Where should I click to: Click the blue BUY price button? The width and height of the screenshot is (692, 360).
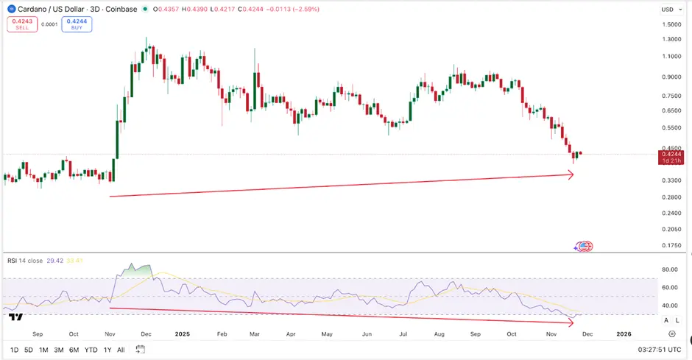(77, 24)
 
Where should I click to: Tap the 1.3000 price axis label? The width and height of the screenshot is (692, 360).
(671, 40)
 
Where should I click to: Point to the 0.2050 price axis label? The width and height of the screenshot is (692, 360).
(671, 229)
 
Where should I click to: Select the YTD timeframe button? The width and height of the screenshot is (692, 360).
(91, 349)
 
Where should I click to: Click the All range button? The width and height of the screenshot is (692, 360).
(121, 349)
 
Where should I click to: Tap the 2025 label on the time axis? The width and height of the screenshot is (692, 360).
(183, 332)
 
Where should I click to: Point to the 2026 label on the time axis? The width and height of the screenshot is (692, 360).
(623, 332)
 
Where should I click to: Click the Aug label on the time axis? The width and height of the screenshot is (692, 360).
(439, 332)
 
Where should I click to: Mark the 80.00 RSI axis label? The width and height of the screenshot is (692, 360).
(670, 269)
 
